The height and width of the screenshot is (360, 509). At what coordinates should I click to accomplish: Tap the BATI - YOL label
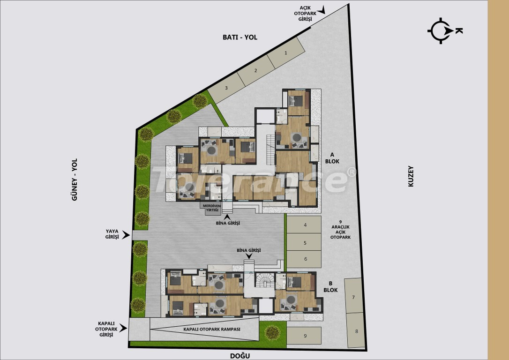(x=240, y=37)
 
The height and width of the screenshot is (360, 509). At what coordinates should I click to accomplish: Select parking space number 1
(x=285, y=53)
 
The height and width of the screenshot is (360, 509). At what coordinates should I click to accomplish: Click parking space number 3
(x=226, y=88)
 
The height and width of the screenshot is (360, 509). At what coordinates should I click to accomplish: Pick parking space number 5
(x=305, y=243)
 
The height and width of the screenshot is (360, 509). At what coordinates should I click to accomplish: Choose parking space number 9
(x=305, y=336)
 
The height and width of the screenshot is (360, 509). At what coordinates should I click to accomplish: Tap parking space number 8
(x=356, y=331)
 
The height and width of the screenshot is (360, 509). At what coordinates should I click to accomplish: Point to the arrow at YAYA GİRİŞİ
(x=126, y=235)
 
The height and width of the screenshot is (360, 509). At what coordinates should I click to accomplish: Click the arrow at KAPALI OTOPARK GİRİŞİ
(x=124, y=329)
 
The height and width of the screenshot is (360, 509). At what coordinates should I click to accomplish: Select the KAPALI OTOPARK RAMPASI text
(x=212, y=329)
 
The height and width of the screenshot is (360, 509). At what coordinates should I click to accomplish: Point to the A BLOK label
(x=335, y=158)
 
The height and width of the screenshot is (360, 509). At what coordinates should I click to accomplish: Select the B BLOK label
(x=330, y=286)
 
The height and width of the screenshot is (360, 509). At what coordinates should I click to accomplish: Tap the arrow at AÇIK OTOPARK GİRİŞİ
(x=322, y=9)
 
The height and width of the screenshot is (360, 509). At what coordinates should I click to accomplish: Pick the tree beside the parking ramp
(x=272, y=332)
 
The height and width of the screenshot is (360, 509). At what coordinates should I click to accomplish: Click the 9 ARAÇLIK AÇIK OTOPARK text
(x=341, y=230)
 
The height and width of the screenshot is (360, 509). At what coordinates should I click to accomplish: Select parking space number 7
(x=353, y=297)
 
